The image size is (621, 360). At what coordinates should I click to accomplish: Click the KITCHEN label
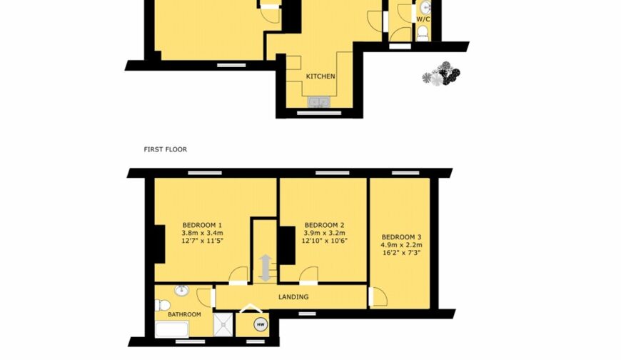click(x=320, y=76)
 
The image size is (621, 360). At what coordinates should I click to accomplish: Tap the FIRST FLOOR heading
click(x=165, y=149)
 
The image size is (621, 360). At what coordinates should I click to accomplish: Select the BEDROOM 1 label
click(x=202, y=225)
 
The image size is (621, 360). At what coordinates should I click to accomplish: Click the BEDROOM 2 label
click(x=324, y=225)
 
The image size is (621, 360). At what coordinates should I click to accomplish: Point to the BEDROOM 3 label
click(x=401, y=237)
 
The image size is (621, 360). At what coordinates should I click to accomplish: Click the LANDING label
click(x=293, y=296)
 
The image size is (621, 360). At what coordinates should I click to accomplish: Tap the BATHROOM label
click(x=185, y=314)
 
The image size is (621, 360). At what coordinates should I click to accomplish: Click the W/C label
click(x=423, y=19)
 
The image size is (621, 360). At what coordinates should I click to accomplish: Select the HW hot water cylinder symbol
click(x=261, y=325)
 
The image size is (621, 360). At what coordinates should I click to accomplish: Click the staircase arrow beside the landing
click(x=265, y=268)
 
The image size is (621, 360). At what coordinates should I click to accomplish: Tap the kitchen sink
click(x=319, y=102)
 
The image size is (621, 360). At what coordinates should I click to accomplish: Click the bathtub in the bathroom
click(x=172, y=329)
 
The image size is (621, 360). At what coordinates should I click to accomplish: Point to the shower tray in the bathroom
click(x=223, y=324)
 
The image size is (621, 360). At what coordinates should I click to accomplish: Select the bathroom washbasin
click(x=181, y=291)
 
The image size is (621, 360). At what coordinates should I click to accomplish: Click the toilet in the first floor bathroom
click(x=161, y=305)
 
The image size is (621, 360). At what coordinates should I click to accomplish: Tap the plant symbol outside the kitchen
click(x=441, y=74)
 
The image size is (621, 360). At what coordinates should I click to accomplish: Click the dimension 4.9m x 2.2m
click(x=401, y=245)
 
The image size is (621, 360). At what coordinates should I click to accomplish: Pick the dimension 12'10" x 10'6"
click(x=324, y=240)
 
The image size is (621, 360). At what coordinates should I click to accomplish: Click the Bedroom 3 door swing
click(x=378, y=296)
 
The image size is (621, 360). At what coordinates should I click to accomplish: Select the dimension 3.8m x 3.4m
click(x=202, y=233)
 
